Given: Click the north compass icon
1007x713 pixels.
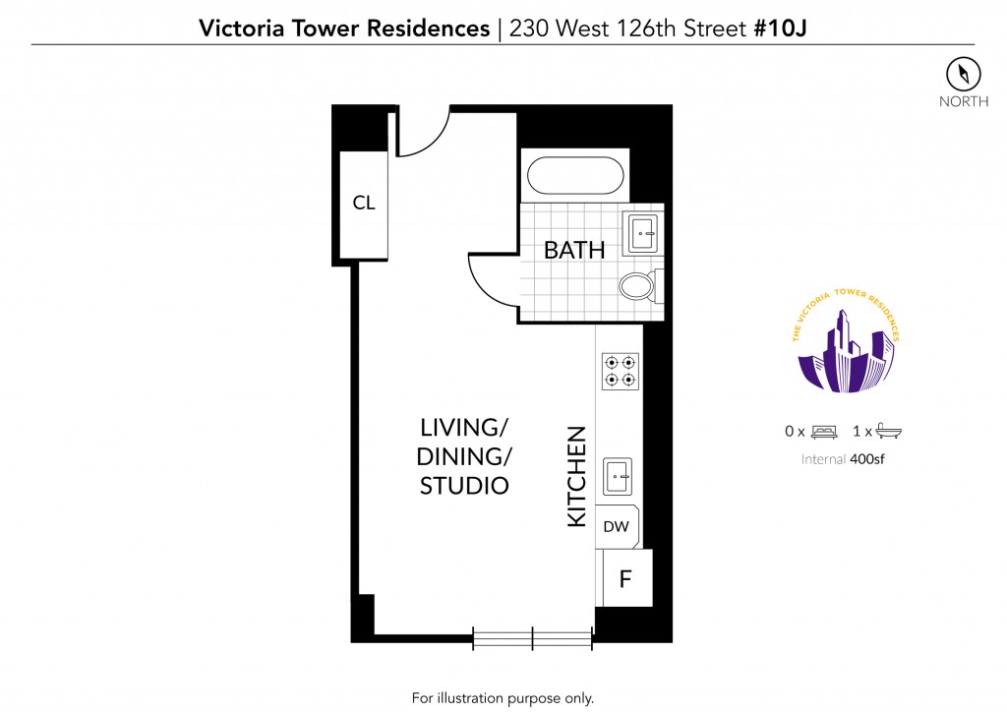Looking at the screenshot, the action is pos(964,74).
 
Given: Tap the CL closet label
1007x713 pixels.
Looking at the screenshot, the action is pos(364,203).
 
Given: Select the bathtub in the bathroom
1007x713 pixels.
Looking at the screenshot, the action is pos(574,175).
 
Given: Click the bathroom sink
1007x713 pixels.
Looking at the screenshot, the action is pos(643,233).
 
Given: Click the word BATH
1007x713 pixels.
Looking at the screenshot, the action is pos(574,251).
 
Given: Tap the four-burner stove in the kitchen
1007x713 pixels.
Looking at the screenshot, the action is pos(620,372).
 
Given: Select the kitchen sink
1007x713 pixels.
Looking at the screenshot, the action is pos(618,476).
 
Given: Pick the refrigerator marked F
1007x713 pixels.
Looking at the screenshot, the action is pos(624,578).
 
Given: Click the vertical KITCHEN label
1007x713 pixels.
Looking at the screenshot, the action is pos(576,477).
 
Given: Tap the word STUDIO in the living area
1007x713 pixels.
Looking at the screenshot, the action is pos(464,486).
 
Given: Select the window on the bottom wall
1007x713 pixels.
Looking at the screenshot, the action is pos(532,638).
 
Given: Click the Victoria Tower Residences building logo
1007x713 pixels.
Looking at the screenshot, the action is pos(846,341).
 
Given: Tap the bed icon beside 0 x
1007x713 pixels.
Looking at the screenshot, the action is pos(824,432).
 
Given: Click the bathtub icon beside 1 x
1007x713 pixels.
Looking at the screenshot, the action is pos(888,431).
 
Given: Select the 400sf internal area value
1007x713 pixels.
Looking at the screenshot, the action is pos(867,459).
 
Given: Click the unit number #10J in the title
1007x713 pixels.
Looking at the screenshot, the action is pos(780,29).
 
